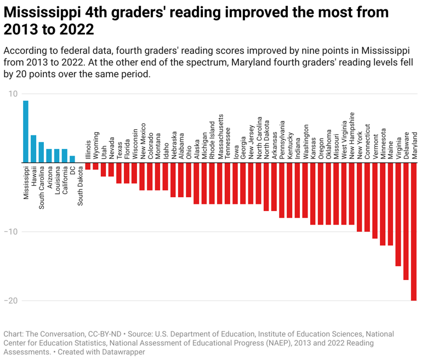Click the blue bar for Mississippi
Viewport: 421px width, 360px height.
coord(26,132)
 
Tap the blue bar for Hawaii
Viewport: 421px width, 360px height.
coord(33,148)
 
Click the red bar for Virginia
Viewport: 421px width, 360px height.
coord(398,214)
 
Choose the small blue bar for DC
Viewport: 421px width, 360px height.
coord(72,159)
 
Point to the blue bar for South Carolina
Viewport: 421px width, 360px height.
coord(41,152)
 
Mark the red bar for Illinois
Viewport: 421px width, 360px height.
coord(88,166)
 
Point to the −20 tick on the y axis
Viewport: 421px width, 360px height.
coord(10,300)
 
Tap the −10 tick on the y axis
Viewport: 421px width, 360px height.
coord(10,232)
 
